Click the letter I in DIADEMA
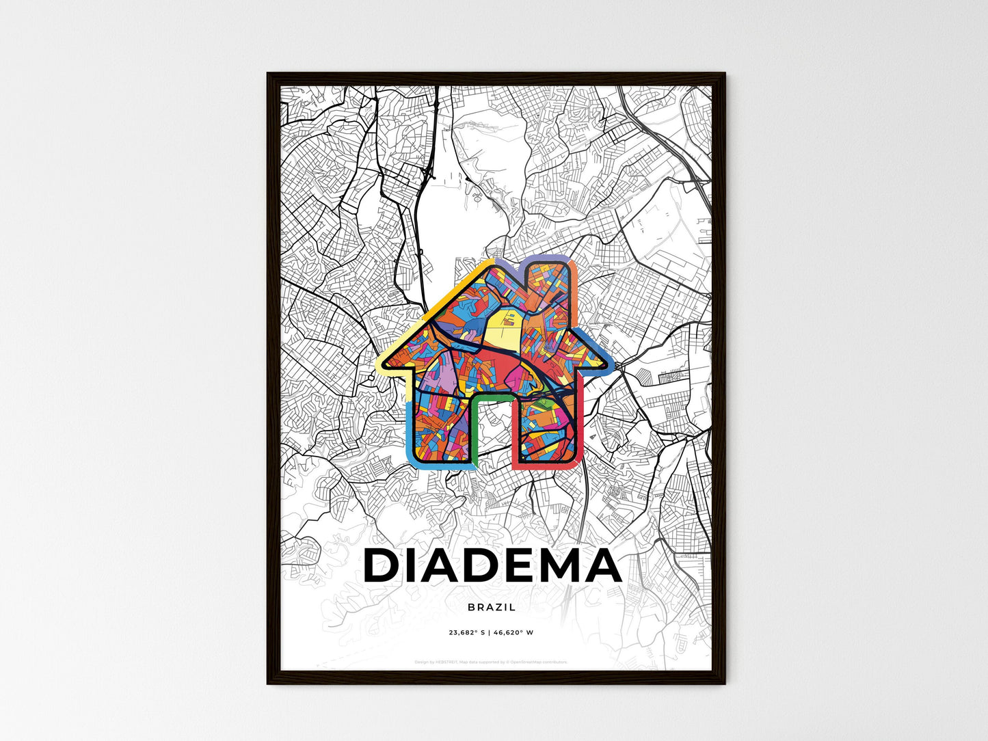(x=405, y=567)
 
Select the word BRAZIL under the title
(x=492, y=607)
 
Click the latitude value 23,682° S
(x=466, y=633)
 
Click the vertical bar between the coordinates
(x=490, y=633)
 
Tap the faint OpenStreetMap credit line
(x=491, y=662)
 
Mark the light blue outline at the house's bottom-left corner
(x=413, y=461)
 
